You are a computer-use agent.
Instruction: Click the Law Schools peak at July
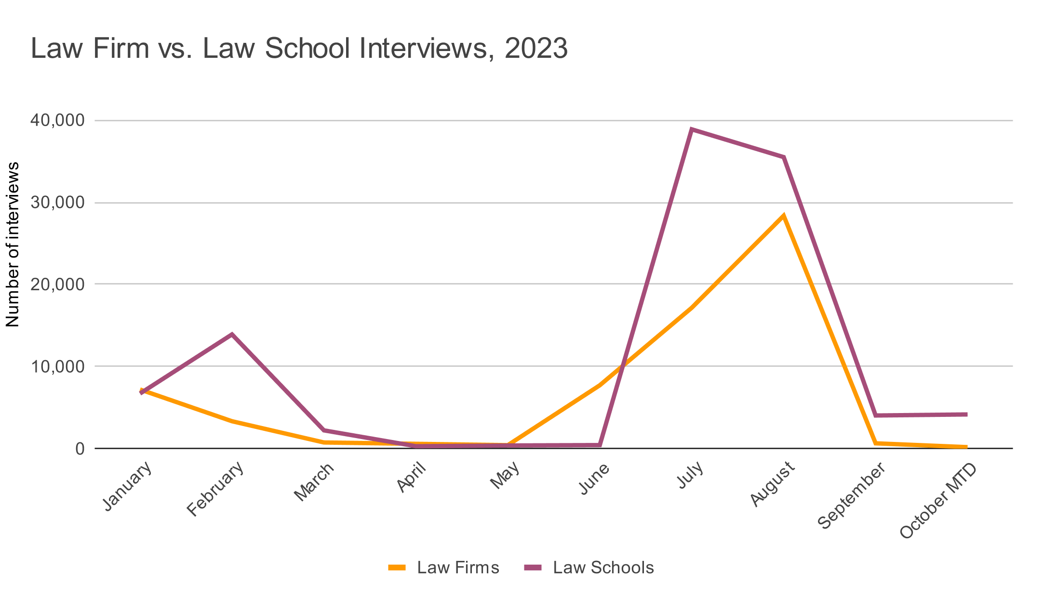click(x=692, y=129)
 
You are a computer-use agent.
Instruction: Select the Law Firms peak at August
click(x=784, y=215)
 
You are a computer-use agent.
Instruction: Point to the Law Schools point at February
click(x=232, y=334)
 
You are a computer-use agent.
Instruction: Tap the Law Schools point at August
click(x=784, y=157)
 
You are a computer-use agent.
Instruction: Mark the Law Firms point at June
click(x=600, y=385)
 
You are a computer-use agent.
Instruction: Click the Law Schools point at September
click(x=875, y=415)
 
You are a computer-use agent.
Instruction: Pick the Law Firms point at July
click(x=692, y=307)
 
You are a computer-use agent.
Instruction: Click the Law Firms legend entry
click(x=444, y=568)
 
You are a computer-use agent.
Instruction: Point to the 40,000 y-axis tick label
click(x=57, y=120)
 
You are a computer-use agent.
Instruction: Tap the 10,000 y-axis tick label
click(x=57, y=366)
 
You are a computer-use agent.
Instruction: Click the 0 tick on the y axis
click(x=79, y=449)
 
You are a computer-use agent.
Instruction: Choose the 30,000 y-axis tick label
click(x=57, y=203)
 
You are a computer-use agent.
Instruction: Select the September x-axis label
click(x=853, y=496)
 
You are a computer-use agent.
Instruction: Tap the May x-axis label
click(x=506, y=476)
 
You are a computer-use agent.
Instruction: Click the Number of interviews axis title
click(x=13, y=245)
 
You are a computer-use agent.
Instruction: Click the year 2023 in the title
click(x=536, y=49)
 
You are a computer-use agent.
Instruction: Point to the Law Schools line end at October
click(x=966, y=414)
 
